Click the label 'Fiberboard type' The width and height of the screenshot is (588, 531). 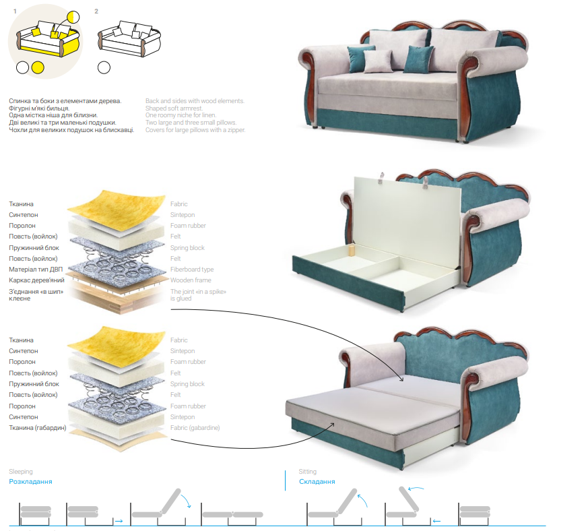pos(192,270)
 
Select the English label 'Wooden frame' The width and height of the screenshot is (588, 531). pos(191,280)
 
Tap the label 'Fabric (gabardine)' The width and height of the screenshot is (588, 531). pos(195,428)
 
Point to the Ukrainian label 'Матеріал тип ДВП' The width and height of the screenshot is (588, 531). pos(36,270)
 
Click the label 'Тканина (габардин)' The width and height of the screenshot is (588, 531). pos(38,428)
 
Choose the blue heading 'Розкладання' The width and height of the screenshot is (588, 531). pos(30,481)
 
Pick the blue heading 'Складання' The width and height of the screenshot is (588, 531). pos(317,481)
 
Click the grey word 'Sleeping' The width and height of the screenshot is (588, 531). pos(21,472)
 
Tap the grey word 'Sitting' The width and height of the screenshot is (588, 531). pos(308,472)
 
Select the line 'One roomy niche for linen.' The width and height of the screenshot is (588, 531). pos(181,115)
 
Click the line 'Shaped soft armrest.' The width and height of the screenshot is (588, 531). pos(174,108)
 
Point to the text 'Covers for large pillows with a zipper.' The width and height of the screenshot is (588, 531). pos(195,130)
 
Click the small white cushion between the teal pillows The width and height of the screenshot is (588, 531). pos(379,61)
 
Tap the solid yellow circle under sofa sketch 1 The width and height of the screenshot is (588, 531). pos(38,67)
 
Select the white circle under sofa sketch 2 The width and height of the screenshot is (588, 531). pos(104,67)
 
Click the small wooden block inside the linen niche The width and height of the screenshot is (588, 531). pos(352,250)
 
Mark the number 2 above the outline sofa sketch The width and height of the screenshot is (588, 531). pos(96,11)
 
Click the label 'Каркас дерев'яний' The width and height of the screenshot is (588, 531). pos(36,280)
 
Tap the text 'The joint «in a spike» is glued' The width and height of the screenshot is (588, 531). pos(199,295)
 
